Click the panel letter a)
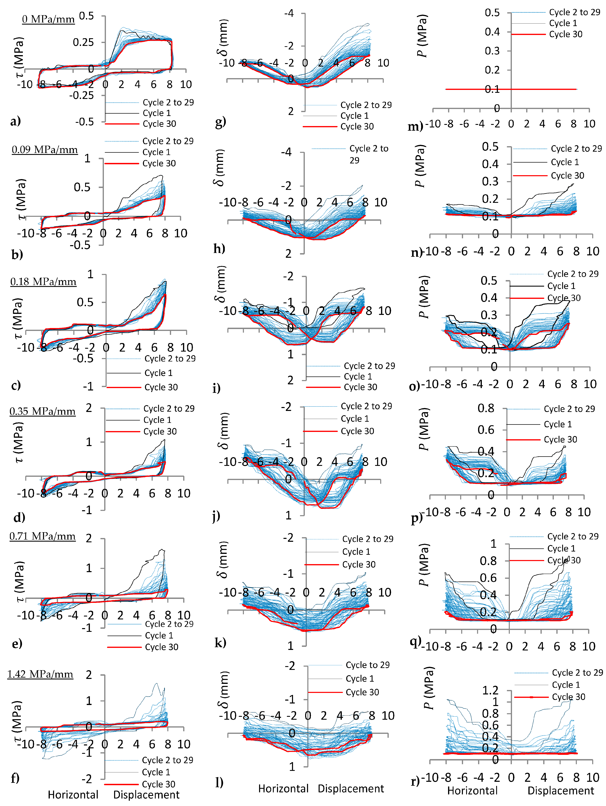point(15,121)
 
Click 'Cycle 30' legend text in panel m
point(566,34)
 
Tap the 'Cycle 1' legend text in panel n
point(564,162)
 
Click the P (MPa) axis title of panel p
point(424,429)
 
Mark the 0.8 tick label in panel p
point(486,409)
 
